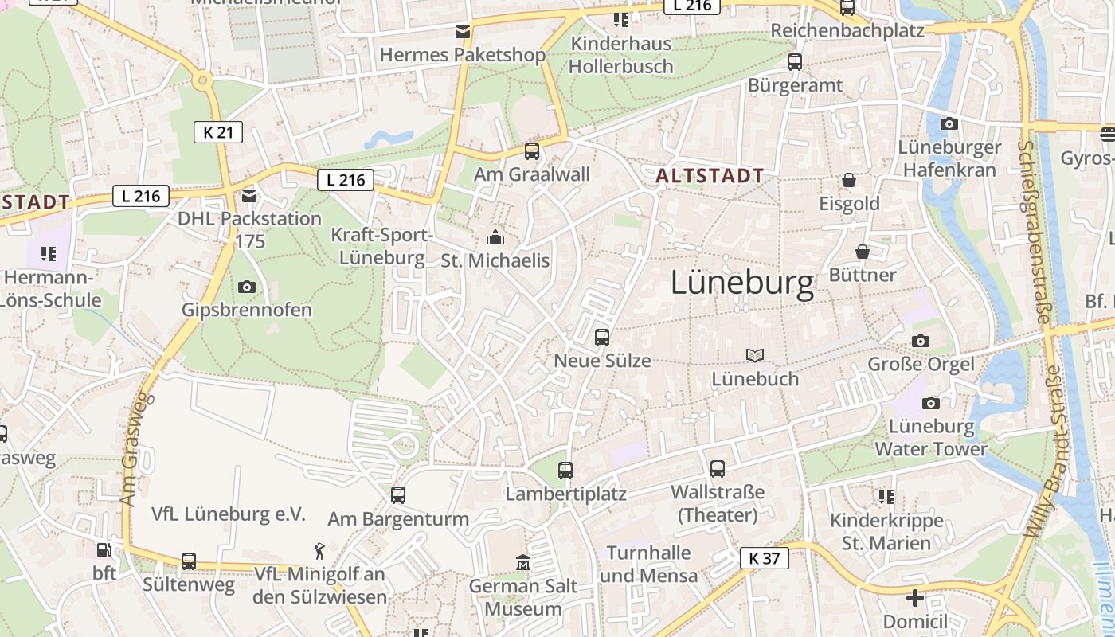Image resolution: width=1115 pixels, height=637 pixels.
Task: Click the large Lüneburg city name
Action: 742,283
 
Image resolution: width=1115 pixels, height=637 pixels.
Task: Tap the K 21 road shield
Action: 217,132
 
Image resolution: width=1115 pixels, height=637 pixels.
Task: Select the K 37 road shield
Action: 764,558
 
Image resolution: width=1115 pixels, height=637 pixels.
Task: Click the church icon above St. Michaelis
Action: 495,237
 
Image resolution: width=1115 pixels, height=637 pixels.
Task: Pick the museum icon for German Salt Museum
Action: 522,563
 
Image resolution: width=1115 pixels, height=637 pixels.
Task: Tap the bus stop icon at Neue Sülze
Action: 602,337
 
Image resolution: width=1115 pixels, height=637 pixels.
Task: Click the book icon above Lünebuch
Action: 754,355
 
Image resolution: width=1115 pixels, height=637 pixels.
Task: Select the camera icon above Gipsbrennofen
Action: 247,287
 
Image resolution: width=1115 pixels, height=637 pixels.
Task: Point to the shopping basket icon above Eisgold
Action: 849,181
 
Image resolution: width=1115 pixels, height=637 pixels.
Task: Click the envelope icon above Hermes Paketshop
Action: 462,32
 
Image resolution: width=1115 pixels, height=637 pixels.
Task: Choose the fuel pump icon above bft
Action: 104,549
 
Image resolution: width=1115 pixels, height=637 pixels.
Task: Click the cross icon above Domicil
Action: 915,598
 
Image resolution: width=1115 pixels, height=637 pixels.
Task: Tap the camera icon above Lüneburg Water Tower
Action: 930,403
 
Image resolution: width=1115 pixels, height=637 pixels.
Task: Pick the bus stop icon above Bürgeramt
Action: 794,61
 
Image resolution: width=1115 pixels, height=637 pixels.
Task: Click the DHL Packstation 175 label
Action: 249,229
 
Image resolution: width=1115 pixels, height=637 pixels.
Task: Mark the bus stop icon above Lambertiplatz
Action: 565,470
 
